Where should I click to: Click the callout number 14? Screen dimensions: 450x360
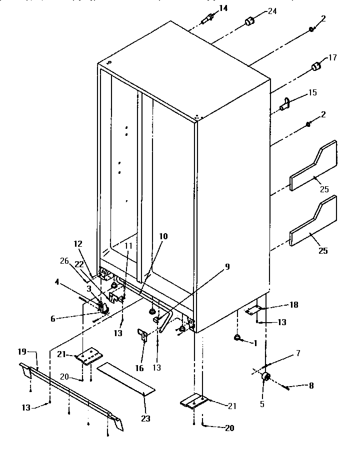point(222,8)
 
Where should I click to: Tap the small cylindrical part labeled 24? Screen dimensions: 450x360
point(248,22)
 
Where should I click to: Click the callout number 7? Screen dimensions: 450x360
point(298,354)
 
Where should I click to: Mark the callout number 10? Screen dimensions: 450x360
point(163,236)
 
